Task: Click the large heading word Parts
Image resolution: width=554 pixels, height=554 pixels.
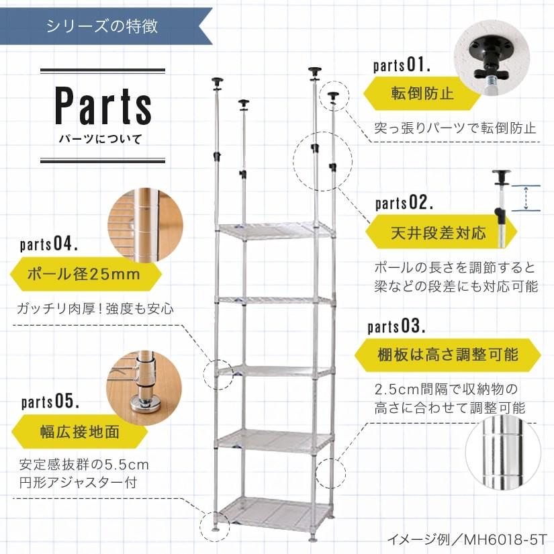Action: (x=103, y=105)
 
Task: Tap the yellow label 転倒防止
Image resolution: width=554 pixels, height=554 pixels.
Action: (x=422, y=93)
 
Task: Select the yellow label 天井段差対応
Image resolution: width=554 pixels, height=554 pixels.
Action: (x=437, y=234)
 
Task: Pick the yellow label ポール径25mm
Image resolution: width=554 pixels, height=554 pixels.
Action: (x=83, y=275)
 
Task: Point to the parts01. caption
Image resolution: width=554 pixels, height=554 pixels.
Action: (x=402, y=66)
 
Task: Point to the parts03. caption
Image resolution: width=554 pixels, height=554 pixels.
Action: (x=396, y=327)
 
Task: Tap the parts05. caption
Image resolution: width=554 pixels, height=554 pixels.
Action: (x=50, y=402)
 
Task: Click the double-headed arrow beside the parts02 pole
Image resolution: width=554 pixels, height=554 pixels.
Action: (x=526, y=198)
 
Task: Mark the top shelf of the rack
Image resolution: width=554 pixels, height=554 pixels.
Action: (x=275, y=230)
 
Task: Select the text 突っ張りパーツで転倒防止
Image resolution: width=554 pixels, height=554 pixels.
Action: (x=455, y=128)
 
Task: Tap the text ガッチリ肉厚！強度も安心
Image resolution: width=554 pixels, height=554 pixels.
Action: (x=95, y=310)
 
